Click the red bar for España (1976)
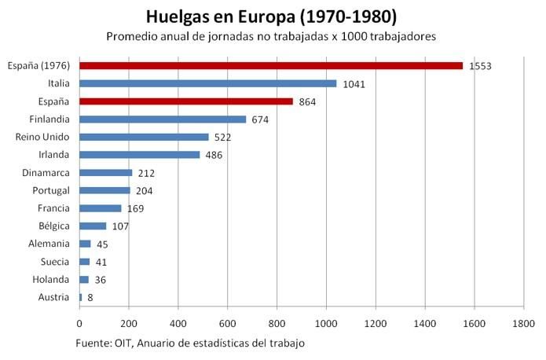tap(271, 65)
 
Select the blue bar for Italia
tap(207, 83)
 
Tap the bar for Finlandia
tap(163, 119)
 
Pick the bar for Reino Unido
tap(144, 137)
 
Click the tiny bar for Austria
tap(80, 297)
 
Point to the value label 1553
tap(480, 66)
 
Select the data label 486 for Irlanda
tap(214, 155)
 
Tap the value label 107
tap(119, 226)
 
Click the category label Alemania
tap(49, 244)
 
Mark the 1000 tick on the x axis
tap(326, 322)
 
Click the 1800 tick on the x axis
tap(523, 322)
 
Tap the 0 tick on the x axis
tap(79, 322)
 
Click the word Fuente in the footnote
tap(94, 343)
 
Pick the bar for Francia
tap(101, 208)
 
